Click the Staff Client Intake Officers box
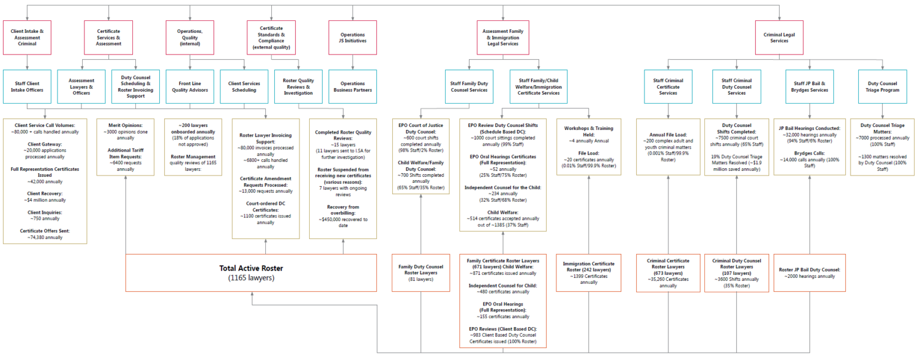pyautogui.click(x=27, y=86)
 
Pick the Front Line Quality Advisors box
pyautogui.click(x=190, y=86)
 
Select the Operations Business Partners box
pyautogui.click(x=352, y=86)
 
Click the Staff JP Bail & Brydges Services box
pyautogui.click(x=810, y=86)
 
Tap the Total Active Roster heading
pyautogui.click(x=251, y=268)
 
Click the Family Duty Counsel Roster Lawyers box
pyautogui.click(x=420, y=273)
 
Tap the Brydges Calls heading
pyautogui.click(x=810, y=153)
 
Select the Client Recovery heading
pyautogui.click(x=44, y=194)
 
